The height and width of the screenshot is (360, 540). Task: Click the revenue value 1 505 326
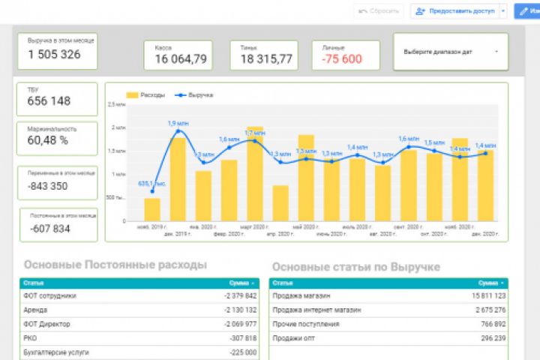click(54, 54)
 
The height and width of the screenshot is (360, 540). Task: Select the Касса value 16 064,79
click(181, 59)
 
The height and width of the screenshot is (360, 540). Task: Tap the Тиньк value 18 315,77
click(266, 59)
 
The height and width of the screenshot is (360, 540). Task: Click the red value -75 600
click(341, 59)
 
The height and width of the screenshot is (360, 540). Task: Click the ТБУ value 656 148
click(49, 101)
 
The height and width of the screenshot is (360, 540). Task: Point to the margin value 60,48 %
click(48, 140)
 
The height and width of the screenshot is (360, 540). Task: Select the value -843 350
click(47, 187)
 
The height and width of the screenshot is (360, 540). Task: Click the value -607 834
click(50, 229)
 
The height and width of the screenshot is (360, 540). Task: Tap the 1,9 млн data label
click(178, 123)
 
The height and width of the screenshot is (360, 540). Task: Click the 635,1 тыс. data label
click(148, 183)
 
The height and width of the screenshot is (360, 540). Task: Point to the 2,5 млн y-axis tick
click(116, 104)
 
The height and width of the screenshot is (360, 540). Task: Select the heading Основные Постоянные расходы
click(115, 265)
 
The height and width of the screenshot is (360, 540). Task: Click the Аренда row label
click(36, 310)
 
